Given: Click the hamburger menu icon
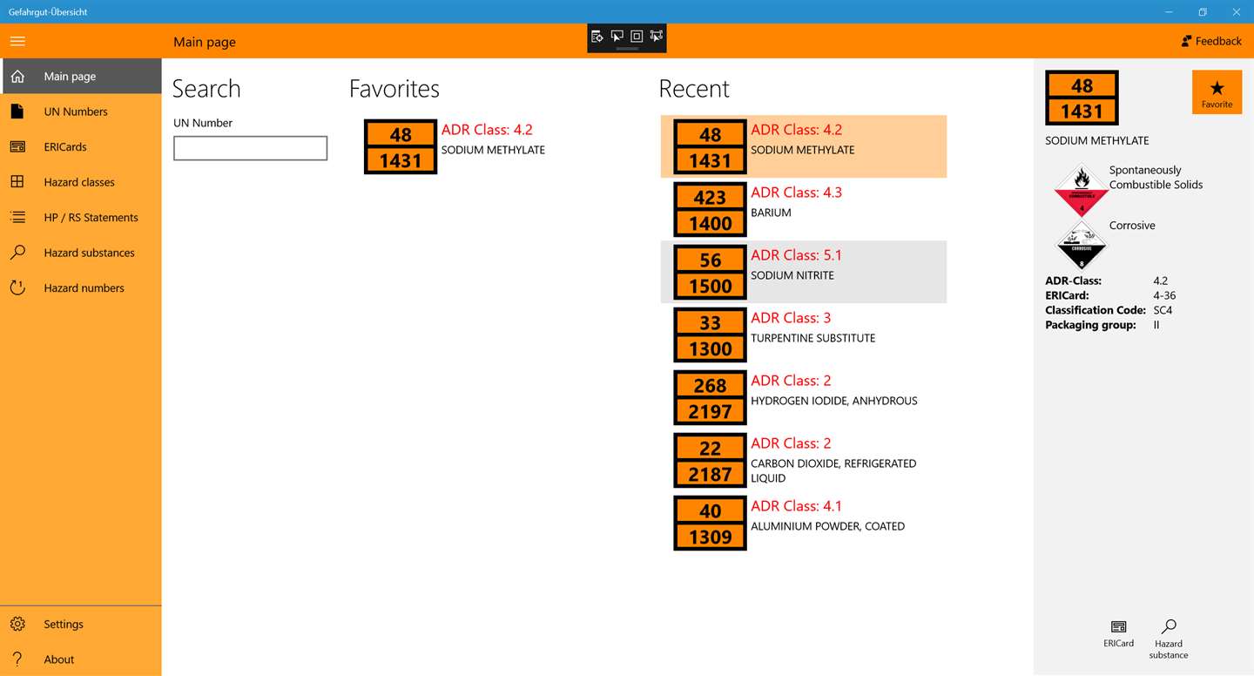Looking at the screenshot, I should pyautogui.click(x=17, y=41).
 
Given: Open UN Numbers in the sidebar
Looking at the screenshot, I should pyautogui.click(x=75, y=112).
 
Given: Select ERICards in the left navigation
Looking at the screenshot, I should pyautogui.click(x=65, y=147).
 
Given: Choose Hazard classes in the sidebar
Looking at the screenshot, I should pyautogui.click(x=78, y=182).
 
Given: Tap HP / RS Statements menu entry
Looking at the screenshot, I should pyautogui.click(x=91, y=218).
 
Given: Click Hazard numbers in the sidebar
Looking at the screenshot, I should pyautogui.click(x=84, y=288).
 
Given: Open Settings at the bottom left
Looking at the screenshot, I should pyautogui.click(x=63, y=625).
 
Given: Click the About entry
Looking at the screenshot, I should pyautogui.click(x=58, y=659).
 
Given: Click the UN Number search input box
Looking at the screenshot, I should pyautogui.click(x=250, y=148).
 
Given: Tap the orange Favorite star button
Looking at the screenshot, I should pyautogui.click(x=1217, y=92).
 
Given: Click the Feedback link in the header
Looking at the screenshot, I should pyautogui.click(x=1211, y=41).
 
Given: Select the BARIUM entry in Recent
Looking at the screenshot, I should pyautogui.click(x=771, y=213).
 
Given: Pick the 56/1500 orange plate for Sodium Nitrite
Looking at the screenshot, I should pyautogui.click(x=710, y=273).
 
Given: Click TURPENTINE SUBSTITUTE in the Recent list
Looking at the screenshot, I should pyautogui.click(x=812, y=338).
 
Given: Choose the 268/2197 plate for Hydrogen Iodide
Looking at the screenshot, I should pyautogui.click(x=710, y=398).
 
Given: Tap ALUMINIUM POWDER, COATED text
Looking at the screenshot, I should pyautogui.click(x=827, y=526).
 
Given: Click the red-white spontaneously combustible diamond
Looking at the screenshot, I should pyautogui.click(x=1081, y=189).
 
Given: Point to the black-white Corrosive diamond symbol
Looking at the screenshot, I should pyautogui.click(x=1081, y=245).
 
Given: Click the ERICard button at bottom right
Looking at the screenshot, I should pyautogui.click(x=1118, y=633).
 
